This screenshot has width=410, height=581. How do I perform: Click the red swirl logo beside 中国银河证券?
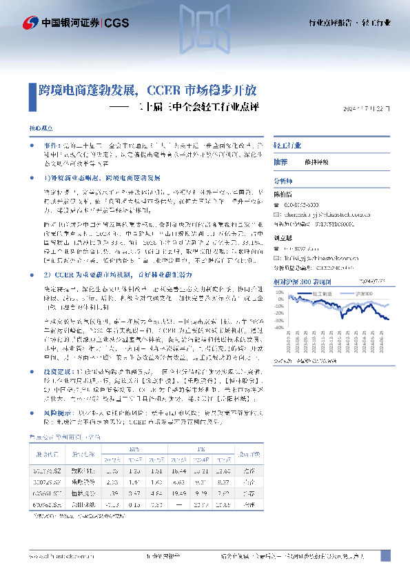(31, 22)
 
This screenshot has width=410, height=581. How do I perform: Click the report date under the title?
(371, 109)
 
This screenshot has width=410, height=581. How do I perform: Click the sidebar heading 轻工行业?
(287, 146)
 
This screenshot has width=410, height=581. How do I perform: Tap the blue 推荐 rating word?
(280, 161)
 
